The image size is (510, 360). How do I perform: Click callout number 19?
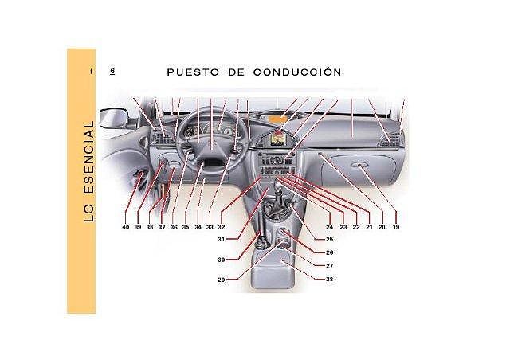[396, 227]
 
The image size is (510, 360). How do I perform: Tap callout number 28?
[330, 279]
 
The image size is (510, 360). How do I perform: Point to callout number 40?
[125, 227]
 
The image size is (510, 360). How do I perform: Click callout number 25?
[329, 239]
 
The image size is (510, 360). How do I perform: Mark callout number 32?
[222, 227]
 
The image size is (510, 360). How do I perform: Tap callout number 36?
[174, 227]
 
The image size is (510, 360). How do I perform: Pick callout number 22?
[356, 227]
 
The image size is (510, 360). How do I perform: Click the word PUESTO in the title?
[191, 72]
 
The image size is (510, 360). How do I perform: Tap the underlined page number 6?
[112, 72]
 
